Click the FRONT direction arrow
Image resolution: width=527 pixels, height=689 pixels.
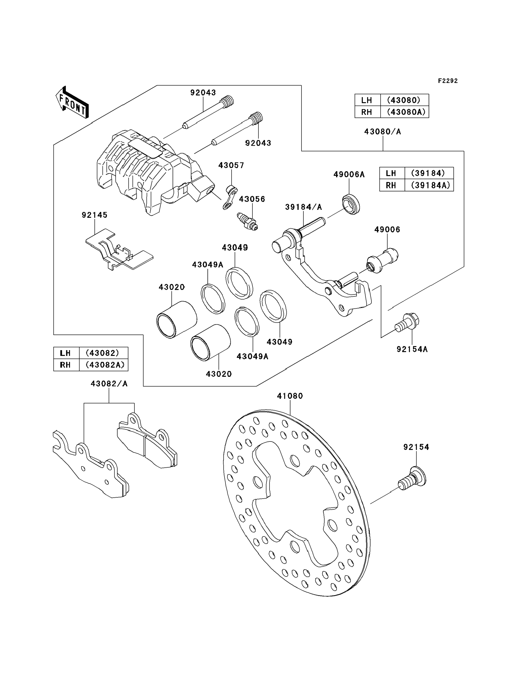click(x=72, y=103)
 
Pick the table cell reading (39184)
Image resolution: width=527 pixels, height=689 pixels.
click(x=428, y=173)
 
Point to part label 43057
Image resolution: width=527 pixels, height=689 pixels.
click(x=231, y=165)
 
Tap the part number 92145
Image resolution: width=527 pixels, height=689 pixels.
click(x=95, y=215)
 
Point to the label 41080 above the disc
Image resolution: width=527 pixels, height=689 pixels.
click(x=290, y=396)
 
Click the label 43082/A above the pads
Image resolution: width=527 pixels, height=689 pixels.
click(x=109, y=384)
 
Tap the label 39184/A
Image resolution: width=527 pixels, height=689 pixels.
click(x=303, y=207)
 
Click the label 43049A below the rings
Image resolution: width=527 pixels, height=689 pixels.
click(x=252, y=356)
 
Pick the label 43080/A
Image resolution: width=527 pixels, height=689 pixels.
click(x=382, y=132)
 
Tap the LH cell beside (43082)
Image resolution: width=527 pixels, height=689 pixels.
click(x=65, y=353)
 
